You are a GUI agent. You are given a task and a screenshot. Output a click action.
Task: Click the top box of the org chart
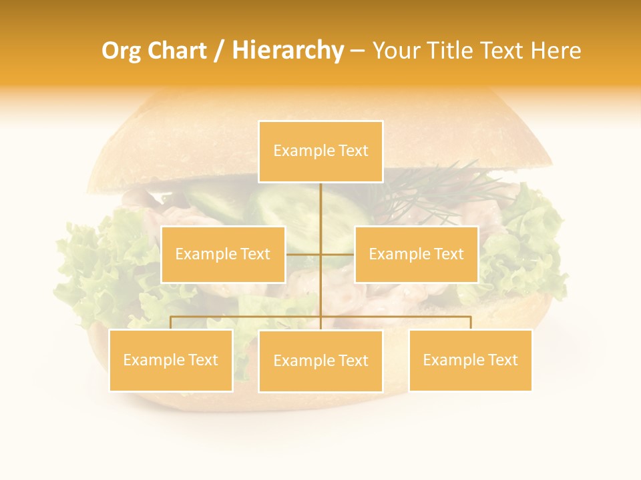pyautogui.click(x=320, y=151)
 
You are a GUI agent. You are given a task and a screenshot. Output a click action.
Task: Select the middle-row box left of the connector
pyautogui.click(x=223, y=254)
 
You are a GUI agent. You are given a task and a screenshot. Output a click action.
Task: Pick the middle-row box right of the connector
pyautogui.click(x=416, y=254)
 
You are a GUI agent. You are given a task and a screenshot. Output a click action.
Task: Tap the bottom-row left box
pyautogui.click(x=171, y=360)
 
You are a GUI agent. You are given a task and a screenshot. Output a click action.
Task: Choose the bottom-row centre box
pyautogui.click(x=320, y=361)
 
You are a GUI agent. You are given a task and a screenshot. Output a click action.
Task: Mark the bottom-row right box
pyautogui.click(x=470, y=360)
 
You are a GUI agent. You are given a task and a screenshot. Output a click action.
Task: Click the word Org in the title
pyautogui.click(x=120, y=51)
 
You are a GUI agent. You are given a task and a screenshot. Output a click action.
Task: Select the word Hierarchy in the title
pyautogui.click(x=288, y=51)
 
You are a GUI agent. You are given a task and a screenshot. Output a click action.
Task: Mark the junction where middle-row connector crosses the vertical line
pyautogui.click(x=320, y=254)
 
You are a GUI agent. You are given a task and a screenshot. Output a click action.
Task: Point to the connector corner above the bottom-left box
pyautogui.click(x=171, y=317)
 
